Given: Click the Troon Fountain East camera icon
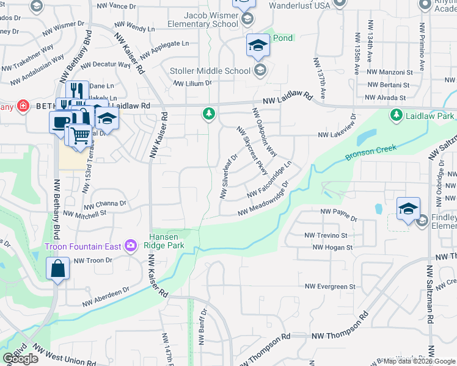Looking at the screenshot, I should point(130,246).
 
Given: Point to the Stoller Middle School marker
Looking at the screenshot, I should point(260,71).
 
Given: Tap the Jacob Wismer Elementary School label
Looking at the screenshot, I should point(203,20).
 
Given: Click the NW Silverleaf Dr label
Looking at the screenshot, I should point(228,177).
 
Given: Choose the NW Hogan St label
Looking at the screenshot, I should point(332,247).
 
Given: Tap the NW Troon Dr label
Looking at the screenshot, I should point(93,260).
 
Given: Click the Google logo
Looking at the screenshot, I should point(20,359).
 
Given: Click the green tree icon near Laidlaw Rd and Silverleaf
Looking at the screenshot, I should point(209,113).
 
